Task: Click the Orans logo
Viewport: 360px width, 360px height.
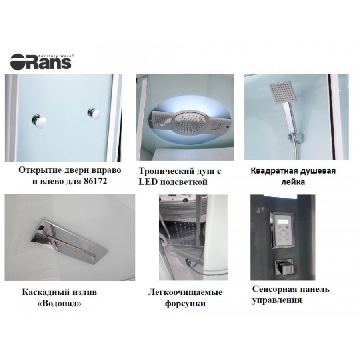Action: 41,61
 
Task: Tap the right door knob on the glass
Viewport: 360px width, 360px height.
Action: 94,114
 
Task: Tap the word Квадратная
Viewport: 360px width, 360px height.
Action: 274,171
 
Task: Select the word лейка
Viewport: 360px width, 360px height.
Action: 293,182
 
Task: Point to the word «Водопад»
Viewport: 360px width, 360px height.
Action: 59,304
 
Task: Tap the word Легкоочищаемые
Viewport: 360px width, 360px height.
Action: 185,293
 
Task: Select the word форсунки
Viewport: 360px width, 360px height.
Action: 185,304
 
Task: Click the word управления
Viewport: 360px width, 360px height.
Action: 277,300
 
